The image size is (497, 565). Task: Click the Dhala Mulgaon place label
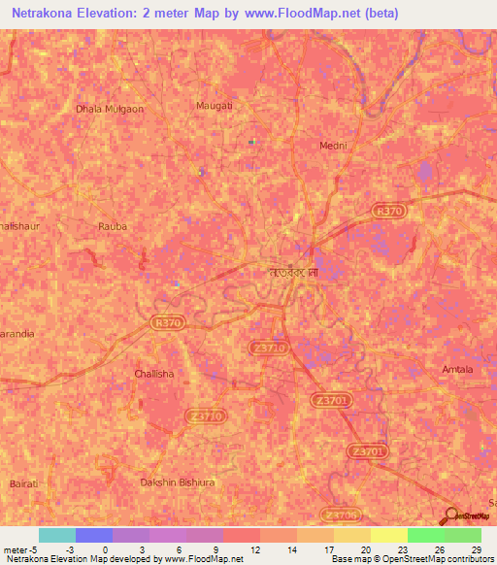110,109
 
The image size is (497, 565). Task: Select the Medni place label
333,146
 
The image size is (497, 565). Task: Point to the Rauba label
113,226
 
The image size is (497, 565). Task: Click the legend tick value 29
476,550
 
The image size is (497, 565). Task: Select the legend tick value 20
364,550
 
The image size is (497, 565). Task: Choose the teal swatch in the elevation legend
57,535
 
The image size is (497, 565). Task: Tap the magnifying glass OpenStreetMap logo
452,516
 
